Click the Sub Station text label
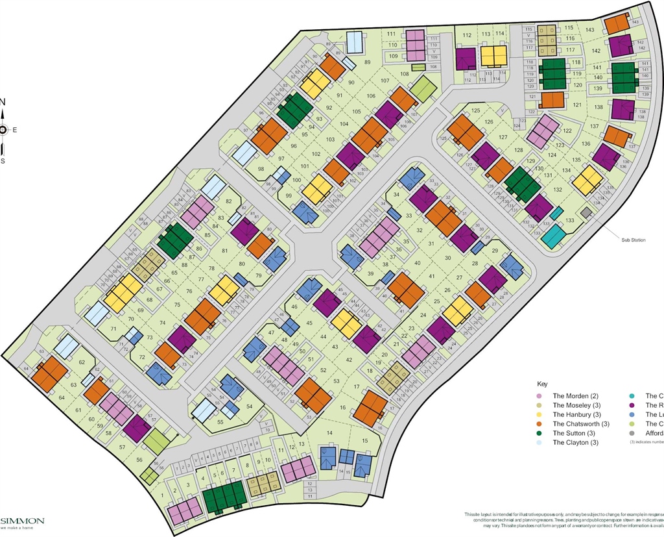[634, 240]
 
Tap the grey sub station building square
[586, 212]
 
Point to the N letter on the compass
[2, 101]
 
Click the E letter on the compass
[14, 130]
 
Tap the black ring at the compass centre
[3, 130]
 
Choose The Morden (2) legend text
[575, 395]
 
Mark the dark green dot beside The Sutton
[538, 433]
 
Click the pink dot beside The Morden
[538, 395]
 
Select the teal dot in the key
[632, 395]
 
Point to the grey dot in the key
[632, 433]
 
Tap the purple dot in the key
[632, 405]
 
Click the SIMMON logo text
[22, 520]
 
